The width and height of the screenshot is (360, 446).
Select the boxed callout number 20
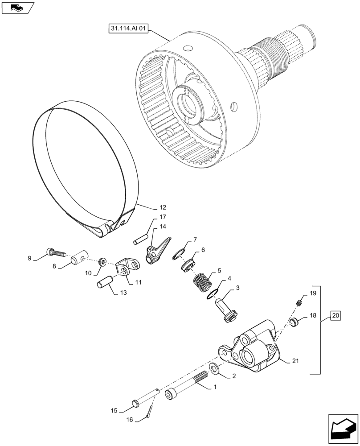tap(335, 316)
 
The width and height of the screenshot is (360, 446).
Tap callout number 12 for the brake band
tap(162, 207)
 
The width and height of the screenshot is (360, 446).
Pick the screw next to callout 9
tap(56, 253)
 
